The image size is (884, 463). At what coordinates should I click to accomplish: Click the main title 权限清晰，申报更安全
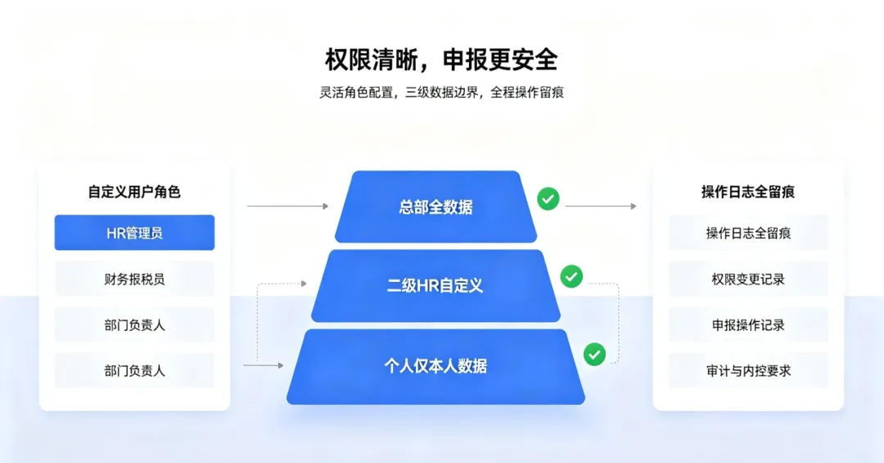coord(441,59)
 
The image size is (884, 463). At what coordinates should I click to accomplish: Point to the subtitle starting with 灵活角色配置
coord(441,92)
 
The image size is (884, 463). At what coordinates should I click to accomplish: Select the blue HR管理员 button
coord(134,232)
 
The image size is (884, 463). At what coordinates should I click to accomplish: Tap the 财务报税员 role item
coord(134,279)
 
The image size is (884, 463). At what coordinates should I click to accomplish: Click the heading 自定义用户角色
coord(134,192)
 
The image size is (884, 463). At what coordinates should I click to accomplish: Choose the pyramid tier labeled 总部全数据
coord(435,207)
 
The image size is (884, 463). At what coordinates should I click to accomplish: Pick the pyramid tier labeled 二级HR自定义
coord(435,286)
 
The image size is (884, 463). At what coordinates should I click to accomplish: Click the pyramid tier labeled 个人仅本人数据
coord(435,366)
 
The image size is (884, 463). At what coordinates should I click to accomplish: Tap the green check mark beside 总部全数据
coord(548,199)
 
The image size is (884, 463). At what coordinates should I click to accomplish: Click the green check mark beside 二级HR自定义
coord(571,277)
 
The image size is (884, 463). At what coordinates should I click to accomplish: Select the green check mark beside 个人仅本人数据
coord(594,355)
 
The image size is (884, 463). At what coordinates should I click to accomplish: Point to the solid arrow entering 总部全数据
coord(287,206)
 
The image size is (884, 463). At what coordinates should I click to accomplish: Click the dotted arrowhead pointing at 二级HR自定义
coord(304,284)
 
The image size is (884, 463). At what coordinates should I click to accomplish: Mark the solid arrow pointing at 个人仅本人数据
coord(264,365)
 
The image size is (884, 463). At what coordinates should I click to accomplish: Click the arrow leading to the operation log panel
coord(601,206)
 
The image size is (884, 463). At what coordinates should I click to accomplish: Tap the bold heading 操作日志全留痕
coord(748,192)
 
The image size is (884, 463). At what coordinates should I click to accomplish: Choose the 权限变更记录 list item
coord(748,279)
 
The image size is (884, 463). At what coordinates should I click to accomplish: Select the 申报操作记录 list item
coord(748,325)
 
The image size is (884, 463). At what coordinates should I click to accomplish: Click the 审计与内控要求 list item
coord(748,370)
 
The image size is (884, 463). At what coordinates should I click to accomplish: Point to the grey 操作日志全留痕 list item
coord(748,232)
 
